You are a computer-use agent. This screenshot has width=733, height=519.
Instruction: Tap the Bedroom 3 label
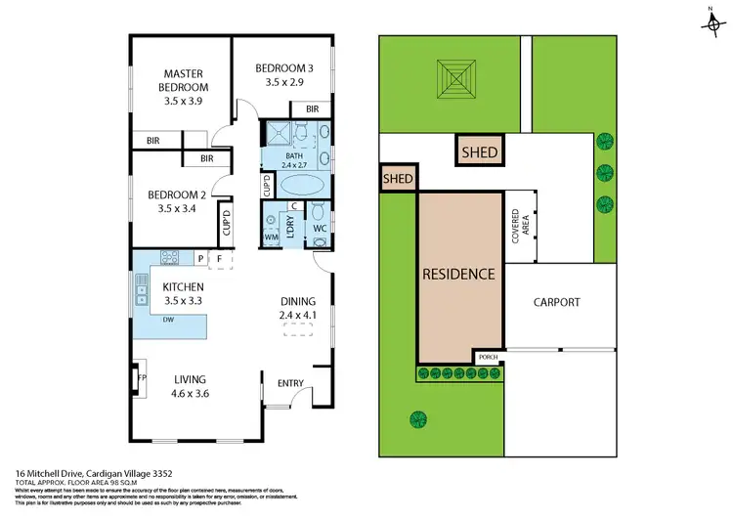283,74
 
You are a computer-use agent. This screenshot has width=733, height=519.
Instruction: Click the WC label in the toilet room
320,230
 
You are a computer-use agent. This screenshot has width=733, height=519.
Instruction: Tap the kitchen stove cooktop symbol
167,258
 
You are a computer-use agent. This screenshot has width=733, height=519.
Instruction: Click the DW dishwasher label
169,319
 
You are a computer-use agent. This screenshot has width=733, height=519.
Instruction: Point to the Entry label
290,382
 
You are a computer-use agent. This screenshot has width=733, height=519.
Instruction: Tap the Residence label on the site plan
458,274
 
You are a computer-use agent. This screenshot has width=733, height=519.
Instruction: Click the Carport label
556,302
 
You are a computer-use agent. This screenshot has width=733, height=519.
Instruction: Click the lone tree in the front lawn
418,420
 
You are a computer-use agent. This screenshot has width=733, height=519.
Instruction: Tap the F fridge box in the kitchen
219,259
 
